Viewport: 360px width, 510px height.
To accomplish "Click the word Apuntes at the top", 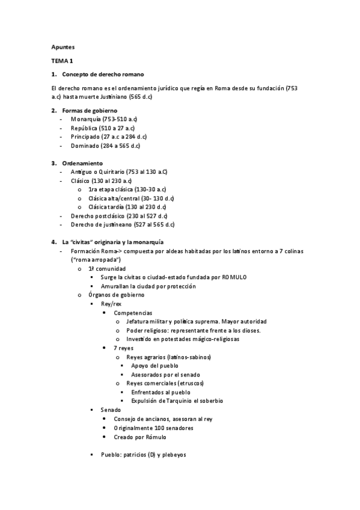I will click(64, 46).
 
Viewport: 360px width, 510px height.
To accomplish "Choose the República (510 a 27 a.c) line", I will click(103, 128).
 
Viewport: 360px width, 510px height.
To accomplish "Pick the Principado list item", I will click(105, 137).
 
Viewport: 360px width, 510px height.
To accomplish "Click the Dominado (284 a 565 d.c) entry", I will click(105, 146).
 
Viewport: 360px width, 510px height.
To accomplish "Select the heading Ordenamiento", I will click(82, 163).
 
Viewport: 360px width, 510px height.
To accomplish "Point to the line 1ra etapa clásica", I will click(127, 189).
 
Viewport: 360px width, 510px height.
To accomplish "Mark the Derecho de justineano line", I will click(122, 224).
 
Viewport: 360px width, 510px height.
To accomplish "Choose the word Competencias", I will click(133, 313).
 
